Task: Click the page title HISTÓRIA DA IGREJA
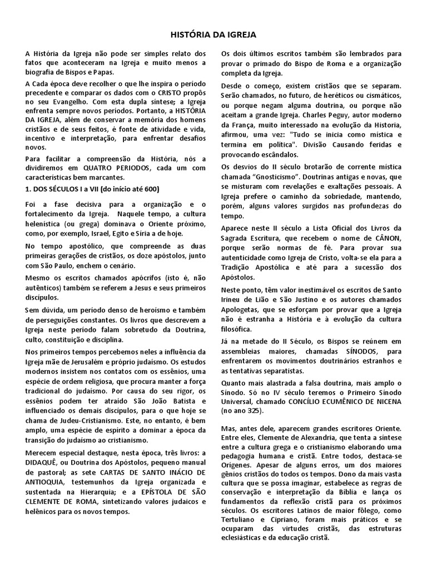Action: tap(213, 35)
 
